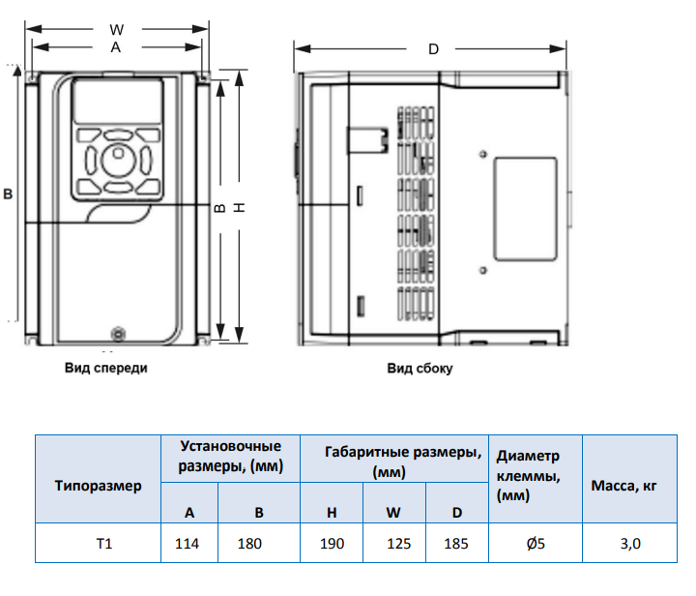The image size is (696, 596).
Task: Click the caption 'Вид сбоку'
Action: tap(420, 369)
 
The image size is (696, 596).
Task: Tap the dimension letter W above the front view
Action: tap(116, 29)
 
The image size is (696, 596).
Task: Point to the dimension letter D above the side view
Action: tap(433, 48)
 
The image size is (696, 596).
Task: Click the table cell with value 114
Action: tap(187, 544)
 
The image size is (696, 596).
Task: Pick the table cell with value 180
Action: tap(249, 544)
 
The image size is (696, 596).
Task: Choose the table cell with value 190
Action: tap(332, 544)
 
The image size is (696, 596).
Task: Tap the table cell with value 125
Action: tap(398, 544)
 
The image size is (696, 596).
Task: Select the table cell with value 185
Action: tap(456, 544)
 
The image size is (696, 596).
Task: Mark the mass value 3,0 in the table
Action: tap(630, 544)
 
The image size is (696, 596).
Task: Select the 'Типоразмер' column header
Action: tap(98, 486)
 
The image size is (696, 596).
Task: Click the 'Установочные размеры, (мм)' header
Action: tap(230, 457)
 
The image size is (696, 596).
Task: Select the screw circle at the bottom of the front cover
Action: tap(119, 334)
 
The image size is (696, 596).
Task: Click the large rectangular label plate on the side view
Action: tap(525, 209)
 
